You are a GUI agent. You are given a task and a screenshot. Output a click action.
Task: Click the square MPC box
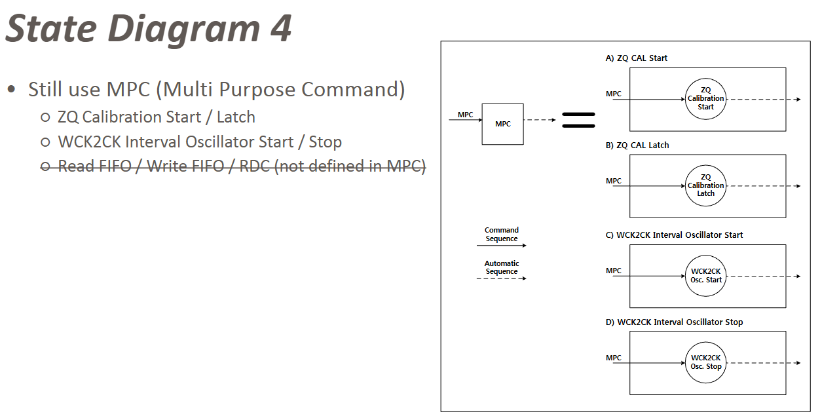(502, 124)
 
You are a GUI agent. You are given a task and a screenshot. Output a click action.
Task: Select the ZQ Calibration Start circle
(705, 99)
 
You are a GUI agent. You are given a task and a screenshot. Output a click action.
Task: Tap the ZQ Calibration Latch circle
(705, 186)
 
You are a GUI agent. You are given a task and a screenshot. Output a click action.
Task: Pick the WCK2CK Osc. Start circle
(705, 276)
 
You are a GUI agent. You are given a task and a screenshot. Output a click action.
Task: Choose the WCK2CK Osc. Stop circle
(705, 362)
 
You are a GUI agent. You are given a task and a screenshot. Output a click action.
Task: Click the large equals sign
(578, 120)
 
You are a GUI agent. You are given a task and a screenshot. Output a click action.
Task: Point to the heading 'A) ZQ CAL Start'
(637, 58)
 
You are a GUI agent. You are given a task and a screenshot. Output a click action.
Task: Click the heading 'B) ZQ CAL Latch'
(637, 145)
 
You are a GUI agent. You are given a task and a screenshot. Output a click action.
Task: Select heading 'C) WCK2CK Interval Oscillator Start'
(674, 235)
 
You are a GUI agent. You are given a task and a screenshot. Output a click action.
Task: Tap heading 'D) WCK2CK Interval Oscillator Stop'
(674, 322)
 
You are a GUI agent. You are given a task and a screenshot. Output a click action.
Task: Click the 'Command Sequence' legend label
(502, 235)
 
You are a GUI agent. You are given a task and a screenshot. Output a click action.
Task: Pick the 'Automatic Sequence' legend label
(502, 267)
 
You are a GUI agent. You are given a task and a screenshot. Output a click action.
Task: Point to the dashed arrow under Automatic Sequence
(501, 278)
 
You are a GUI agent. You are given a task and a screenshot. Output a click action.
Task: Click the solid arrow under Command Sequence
(501, 246)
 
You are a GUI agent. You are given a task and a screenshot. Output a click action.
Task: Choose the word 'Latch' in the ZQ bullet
(236, 117)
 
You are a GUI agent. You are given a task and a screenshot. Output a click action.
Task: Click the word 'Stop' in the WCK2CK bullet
(325, 142)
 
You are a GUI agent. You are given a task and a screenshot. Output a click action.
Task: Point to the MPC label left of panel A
(614, 94)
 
